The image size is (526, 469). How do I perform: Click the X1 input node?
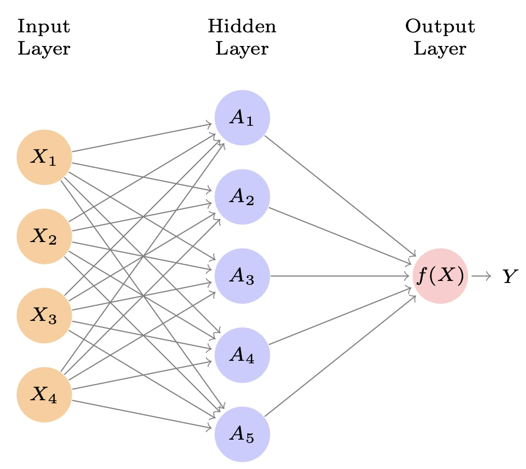click(x=45, y=157)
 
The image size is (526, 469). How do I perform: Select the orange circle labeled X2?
click(x=45, y=236)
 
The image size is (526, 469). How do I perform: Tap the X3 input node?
click(x=45, y=315)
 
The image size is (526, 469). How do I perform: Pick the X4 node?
click(x=45, y=394)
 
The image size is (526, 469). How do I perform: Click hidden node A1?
click(x=242, y=118)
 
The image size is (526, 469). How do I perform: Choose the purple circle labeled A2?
click(x=242, y=197)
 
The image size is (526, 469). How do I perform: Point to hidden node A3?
click(x=242, y=276)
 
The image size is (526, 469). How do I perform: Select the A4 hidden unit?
click(x=242, y=355)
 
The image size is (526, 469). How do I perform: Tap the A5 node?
click(x=242, y=434)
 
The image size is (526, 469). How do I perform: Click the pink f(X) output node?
click(x=440, y=276)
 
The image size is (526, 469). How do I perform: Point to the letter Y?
click(x=510, y=276)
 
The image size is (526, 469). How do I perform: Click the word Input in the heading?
click(x=43, y=27)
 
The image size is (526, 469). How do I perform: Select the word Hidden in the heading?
click(x=242, y=27)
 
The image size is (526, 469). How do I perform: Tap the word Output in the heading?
click(x=440, y=27)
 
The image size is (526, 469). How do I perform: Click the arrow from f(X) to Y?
click(x=481, y=276)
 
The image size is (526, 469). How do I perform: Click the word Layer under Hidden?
click(x=242, y=49)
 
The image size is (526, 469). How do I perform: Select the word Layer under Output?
click(x=440, y=49)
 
